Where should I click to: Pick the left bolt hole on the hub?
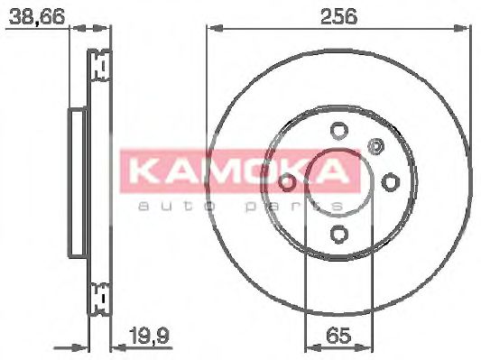tap(287, 182)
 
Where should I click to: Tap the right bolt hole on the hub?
tap(390, 182)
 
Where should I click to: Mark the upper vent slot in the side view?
tap(99, 66)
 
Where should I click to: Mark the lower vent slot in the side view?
tap(99, 295)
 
